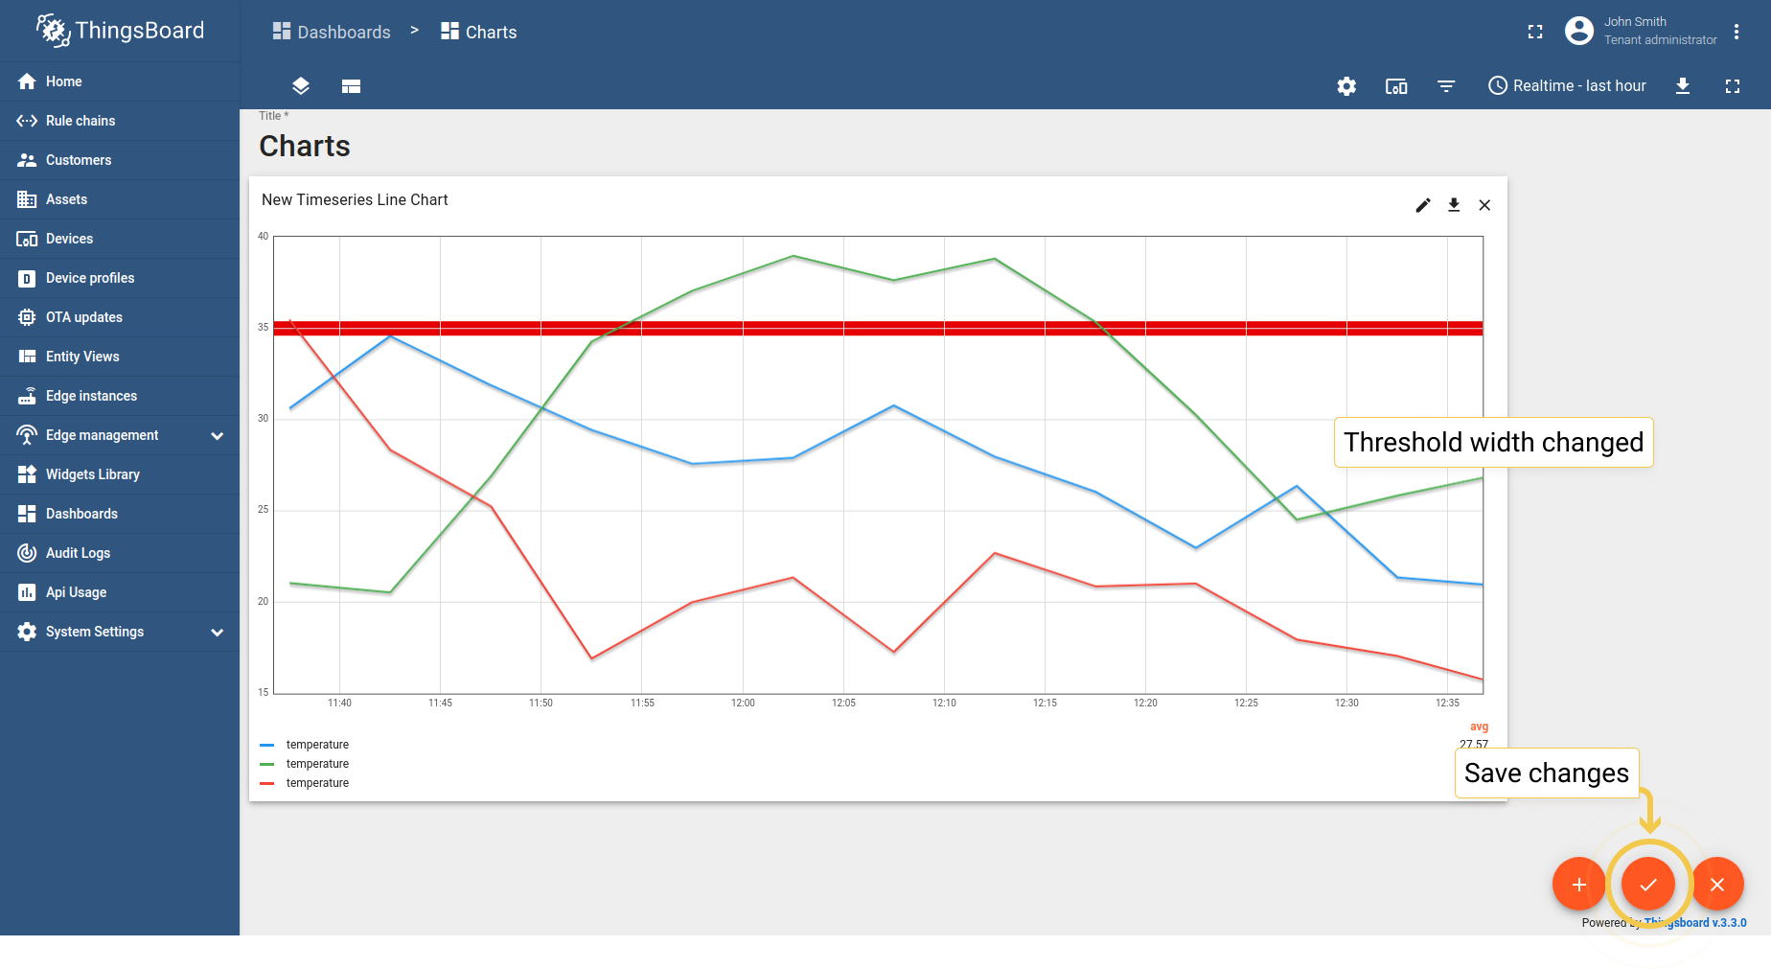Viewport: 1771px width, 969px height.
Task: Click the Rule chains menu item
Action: point(80,121)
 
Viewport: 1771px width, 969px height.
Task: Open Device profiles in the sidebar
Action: point(90,278)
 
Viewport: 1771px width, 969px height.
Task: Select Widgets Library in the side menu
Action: point(92,474)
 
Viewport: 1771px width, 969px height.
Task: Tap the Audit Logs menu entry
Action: point(78,553)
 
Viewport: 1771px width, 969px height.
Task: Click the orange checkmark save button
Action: point(1648,884)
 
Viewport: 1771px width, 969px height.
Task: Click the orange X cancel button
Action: point(1717,884)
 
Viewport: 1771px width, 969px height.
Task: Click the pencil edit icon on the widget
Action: point(1423,205)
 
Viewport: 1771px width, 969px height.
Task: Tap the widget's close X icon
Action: point(1484,205)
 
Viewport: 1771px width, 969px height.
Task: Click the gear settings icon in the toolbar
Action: point(1346,86)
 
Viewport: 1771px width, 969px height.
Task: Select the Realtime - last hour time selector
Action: point(1567,86)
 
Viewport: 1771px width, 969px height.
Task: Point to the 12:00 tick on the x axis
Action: point(743,703)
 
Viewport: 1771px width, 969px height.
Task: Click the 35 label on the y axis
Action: point(263,328)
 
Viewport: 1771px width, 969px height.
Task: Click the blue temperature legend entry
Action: point(317,745)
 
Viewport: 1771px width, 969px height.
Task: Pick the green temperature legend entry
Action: point(317,764)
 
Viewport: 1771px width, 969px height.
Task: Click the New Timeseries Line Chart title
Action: point(355,200)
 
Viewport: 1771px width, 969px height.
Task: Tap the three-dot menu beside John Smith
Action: point(1736,32)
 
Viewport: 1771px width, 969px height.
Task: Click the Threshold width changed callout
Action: point(1493,443)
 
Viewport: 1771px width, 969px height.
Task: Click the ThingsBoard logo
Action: point(121,31)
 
